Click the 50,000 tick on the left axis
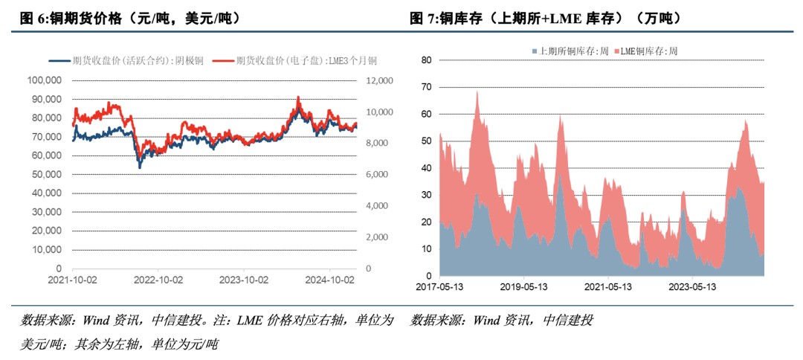[47, 174]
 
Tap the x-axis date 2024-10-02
[331, 280]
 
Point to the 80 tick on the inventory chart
[426, 60]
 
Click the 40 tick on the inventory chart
[426, 168]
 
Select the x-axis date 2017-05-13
[439, 286]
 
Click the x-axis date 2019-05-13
[523, 286]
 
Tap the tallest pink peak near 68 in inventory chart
[477, 92]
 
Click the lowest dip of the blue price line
[140, 167]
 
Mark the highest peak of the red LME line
[298, 97]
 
